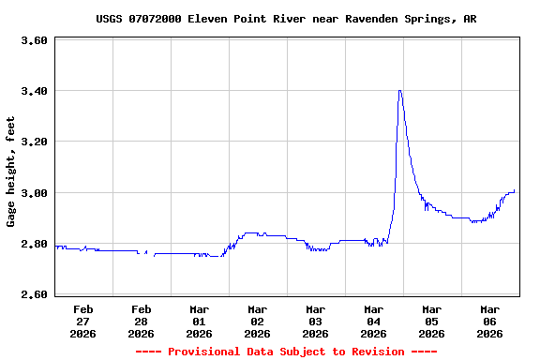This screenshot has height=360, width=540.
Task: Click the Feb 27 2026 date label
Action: [82, 321]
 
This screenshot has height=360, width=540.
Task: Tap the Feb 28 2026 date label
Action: [141, 321]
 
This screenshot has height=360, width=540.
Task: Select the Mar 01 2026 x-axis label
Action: [199, 321]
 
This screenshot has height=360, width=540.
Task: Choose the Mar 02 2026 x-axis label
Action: [257, 321]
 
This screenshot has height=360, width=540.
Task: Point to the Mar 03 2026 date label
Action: [315, 321]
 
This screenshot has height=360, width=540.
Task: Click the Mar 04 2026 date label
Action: [373, 321]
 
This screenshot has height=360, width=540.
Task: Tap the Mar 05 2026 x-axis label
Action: [431, 321]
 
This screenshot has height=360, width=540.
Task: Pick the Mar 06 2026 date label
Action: [489, 321]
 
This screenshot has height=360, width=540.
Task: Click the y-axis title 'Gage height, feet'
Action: [11, 172]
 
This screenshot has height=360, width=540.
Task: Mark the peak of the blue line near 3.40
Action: [400, 91]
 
